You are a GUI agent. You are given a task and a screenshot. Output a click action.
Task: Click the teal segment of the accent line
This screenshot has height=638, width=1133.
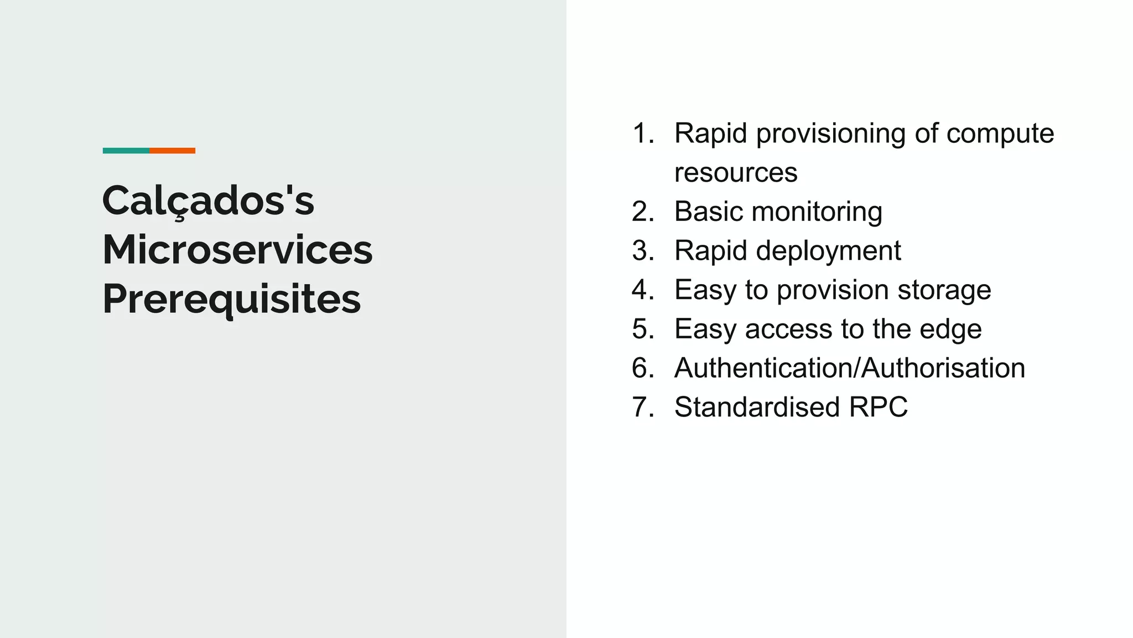click(x=126, y=151)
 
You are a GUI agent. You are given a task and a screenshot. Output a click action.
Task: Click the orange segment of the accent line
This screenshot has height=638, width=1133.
click(x=172, y=151)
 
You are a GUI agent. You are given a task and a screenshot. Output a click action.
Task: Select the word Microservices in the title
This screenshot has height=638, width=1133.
click(x=237, y=250)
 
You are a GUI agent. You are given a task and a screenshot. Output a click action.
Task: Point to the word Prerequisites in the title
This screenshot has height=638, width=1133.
click(x=231, y=300)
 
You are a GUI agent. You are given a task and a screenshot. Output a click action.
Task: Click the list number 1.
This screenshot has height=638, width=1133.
click(x=642, y=133)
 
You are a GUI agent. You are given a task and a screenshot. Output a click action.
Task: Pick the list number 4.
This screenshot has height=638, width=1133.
click(x=642, y=290)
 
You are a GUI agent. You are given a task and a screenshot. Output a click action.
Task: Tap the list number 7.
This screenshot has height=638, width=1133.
click(x=642, y=408)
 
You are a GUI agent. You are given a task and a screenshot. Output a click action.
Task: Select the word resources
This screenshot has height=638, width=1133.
click(x=736, y=173)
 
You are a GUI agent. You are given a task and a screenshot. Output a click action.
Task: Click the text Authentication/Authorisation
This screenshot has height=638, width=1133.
click(x=849, y=368)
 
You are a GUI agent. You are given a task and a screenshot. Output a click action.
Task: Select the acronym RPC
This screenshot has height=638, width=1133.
click(x=878, y=408)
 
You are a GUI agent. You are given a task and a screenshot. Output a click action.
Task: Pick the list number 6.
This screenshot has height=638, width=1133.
click(x=642, y=368)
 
